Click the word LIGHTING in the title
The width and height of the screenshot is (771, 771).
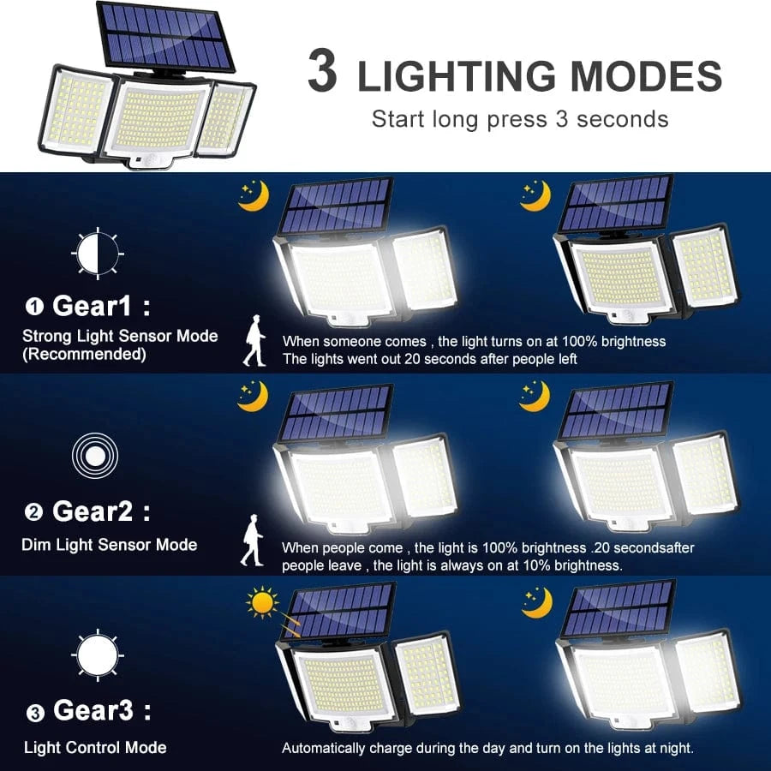(x=457, y=77)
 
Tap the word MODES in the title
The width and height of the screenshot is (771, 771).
(x=647, y=77)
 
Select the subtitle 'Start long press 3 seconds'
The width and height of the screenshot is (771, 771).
(x=519, y=118)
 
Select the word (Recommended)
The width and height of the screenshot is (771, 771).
(x=84, y=354)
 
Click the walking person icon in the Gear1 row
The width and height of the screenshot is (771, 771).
(x=254, y=340)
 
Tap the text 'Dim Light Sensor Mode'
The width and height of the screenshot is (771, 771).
(x=110, y=545)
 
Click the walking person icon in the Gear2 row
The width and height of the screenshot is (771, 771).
(x=252, y=541)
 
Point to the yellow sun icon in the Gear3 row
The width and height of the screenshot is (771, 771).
(x=262, y=602)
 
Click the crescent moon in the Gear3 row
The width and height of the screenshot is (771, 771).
(x=536, y=602)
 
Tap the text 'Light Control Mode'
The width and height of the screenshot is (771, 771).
(x=95, y=748)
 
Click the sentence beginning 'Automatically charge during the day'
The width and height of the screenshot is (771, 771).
(x=487, y=748)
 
